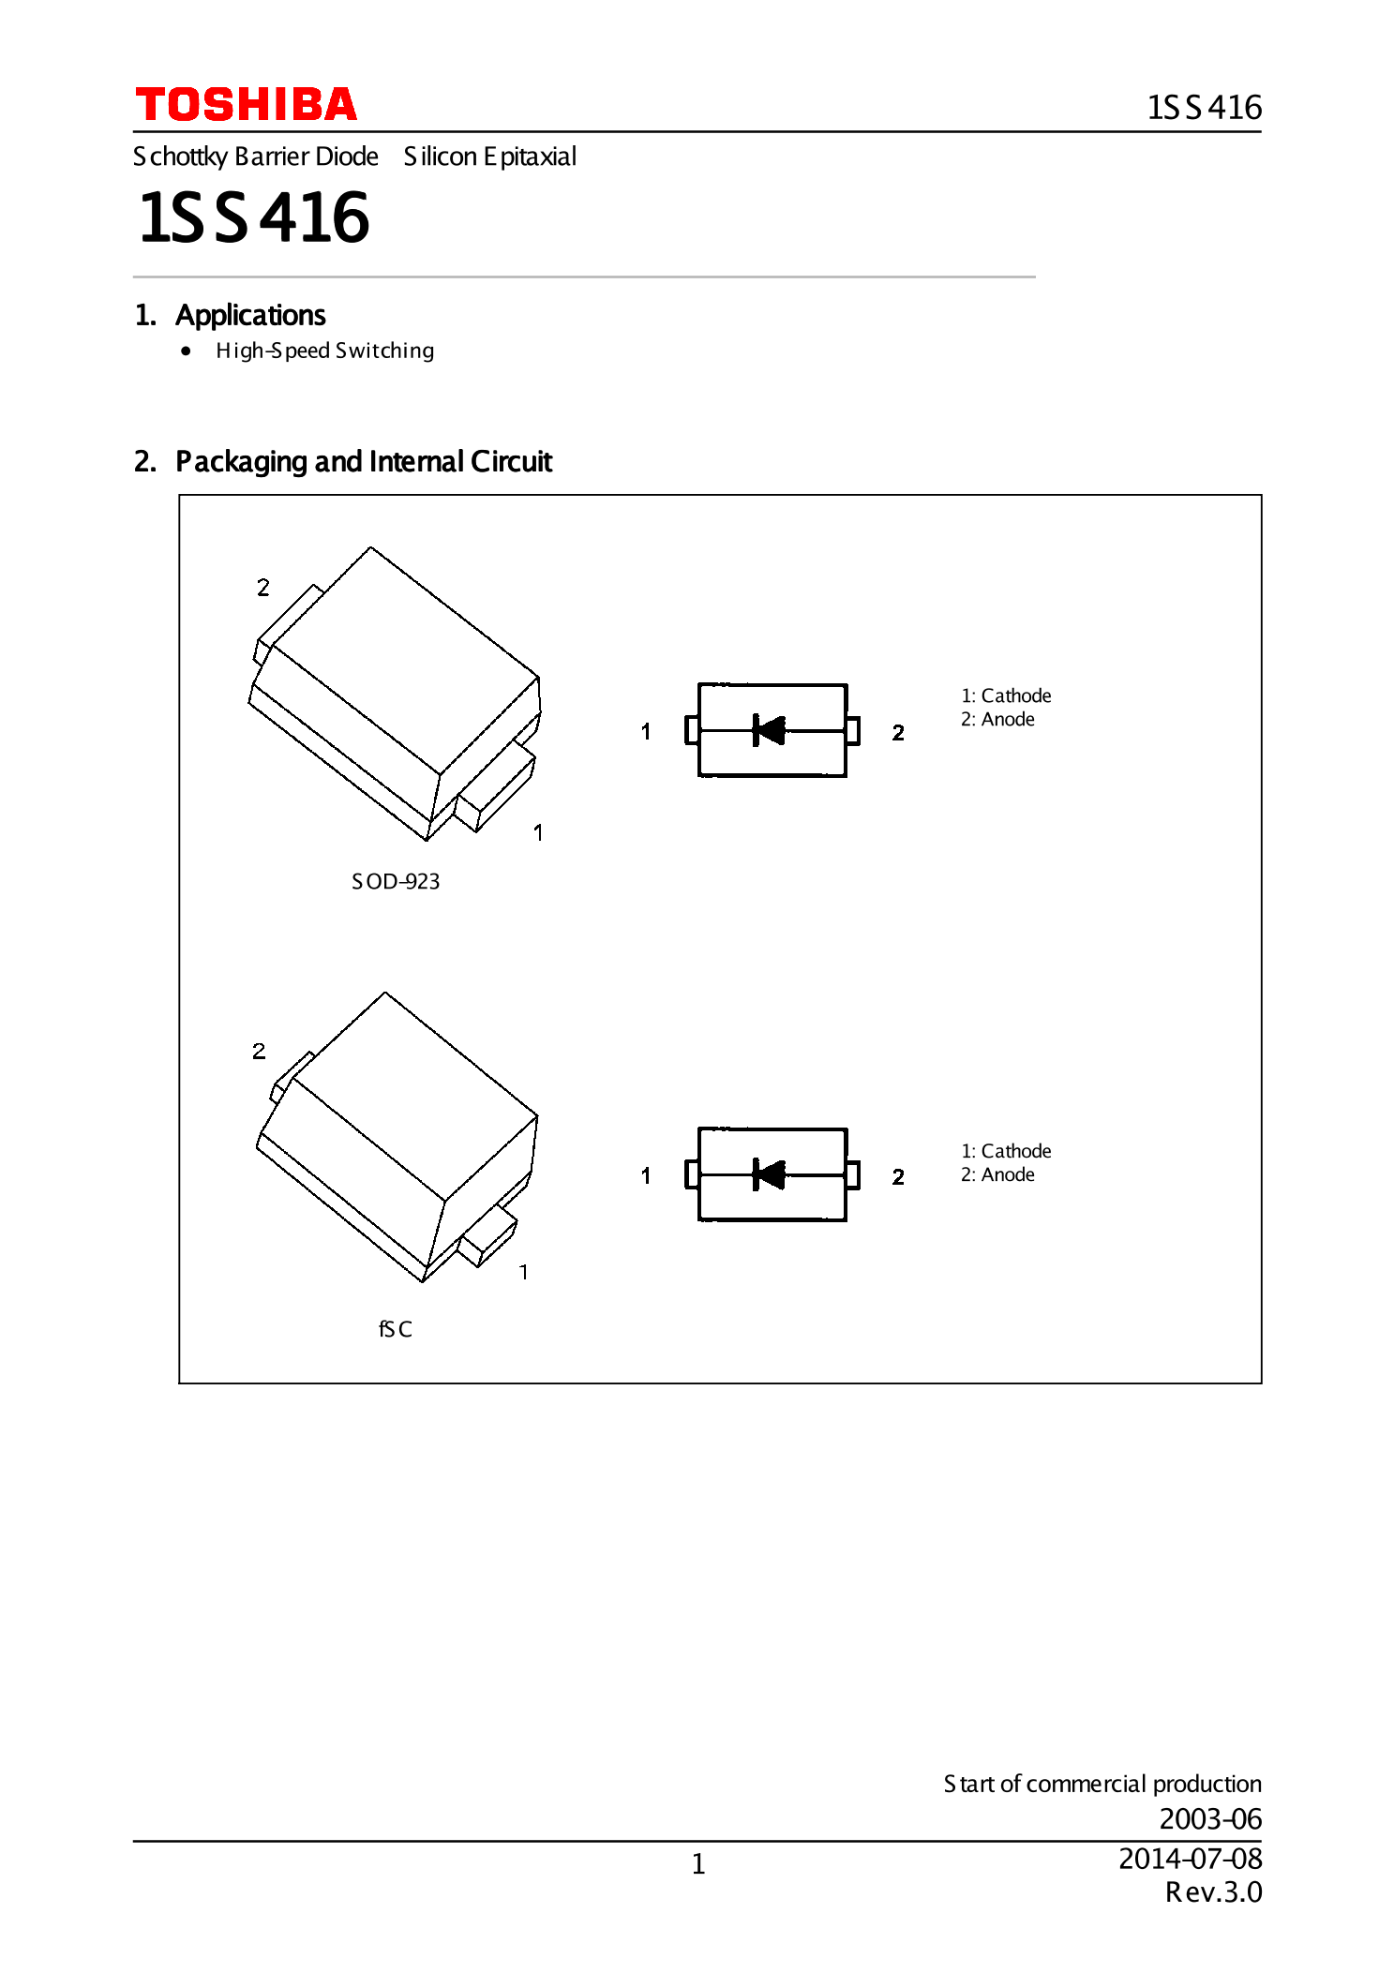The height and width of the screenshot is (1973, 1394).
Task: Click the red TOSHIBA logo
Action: [x=247, y=104]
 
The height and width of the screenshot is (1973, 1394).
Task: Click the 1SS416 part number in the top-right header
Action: [x=1205, y=108]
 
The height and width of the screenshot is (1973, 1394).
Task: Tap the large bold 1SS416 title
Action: [x=254, y=217]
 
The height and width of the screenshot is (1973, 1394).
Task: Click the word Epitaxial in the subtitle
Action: [x=531, y=157]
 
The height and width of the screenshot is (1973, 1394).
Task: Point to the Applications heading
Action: [x=250, y=316]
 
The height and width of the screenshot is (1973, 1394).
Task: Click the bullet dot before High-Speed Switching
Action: [x=187, y=351]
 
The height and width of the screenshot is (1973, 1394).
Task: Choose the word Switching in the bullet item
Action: [x=384, y=351]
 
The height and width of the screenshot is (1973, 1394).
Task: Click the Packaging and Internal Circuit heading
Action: [x=364, y=462]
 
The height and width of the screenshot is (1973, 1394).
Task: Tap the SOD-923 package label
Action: [x=396, y=882]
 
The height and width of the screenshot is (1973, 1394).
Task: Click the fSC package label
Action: [x=396, y=1329]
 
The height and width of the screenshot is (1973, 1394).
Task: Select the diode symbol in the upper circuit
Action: [x=769, y=730]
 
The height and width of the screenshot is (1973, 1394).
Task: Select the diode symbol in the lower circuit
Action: [x=769, y=1174]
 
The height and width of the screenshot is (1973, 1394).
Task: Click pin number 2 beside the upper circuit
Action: [x=898, y=733]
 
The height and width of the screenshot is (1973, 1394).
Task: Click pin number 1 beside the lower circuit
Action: [x=646, y=1175]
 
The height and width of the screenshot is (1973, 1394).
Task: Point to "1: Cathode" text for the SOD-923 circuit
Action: [x=1006, y=695]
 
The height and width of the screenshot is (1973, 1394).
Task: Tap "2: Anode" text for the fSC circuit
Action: [x=997, y=1174]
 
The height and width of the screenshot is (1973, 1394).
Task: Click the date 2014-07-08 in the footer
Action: [x=1191, y=1859]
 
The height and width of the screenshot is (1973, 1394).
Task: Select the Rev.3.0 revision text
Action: [x=1214, y=1892]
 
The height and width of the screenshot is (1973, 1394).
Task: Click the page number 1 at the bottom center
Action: [x=698, y=1864]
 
